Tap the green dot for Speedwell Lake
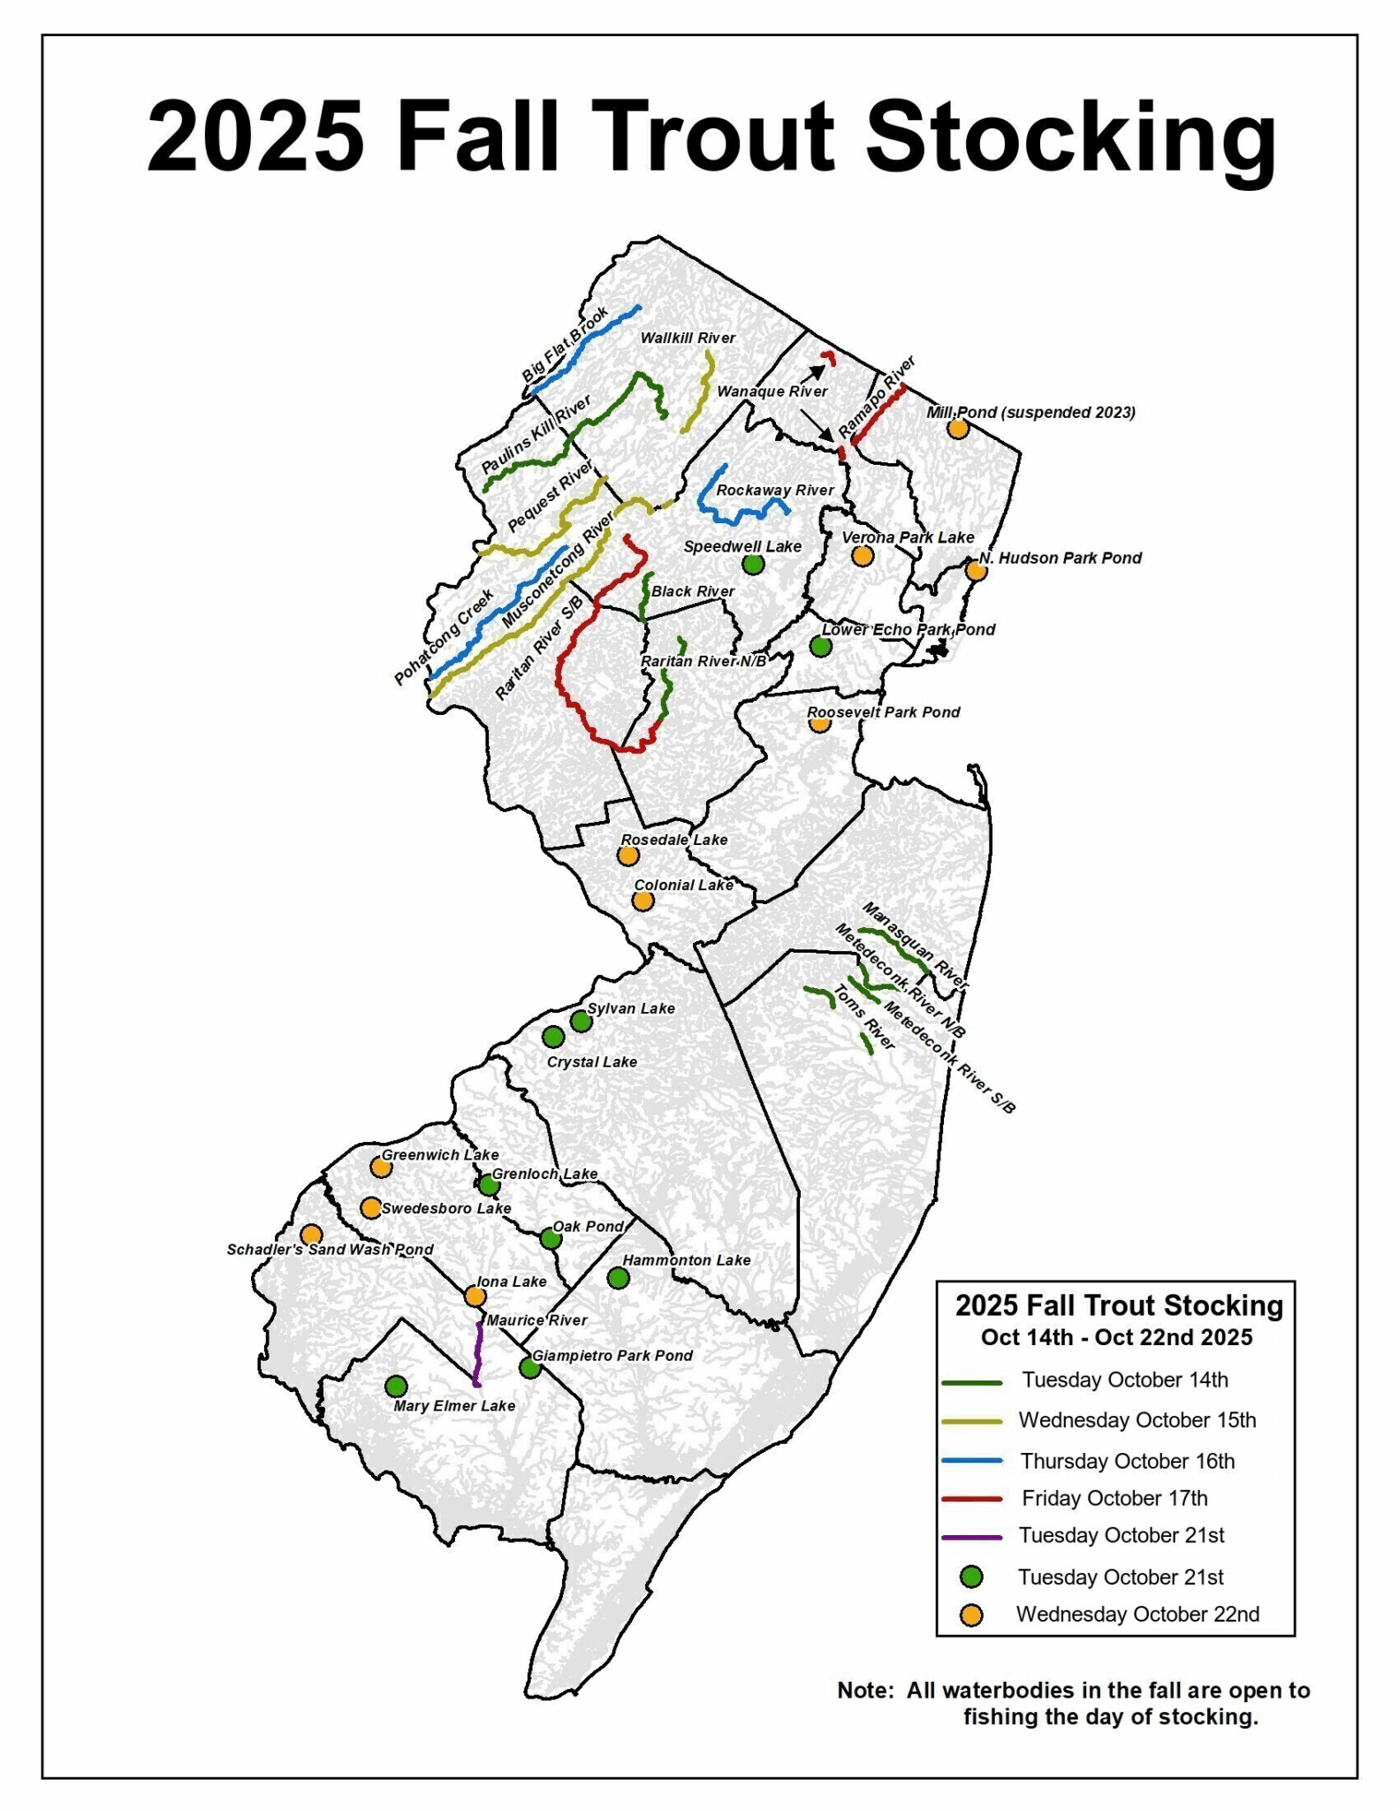(x=753, y=564)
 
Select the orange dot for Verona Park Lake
(x=863, y=556)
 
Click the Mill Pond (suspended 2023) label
(x=1030, y=413)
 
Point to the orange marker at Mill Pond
(x=957, y=429)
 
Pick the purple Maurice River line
(x=478, y=1354)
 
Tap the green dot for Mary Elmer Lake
(x=397, y=1386)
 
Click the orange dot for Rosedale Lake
(x=627, y=856)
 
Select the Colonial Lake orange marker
(x=642, y=901)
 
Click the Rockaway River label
(x=775, y=491)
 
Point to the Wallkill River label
(x=688, y=338)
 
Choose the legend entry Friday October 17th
(x=1114, y=1498)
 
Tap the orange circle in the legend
(x=971, y=1615)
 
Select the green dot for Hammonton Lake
(x=618, y=1277)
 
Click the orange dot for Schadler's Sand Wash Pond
(x=310, y=1235)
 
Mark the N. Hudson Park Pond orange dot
(x=976, y=571)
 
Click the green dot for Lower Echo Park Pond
(x=820, y=646)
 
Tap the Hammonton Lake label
(x=686, y=1260)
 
